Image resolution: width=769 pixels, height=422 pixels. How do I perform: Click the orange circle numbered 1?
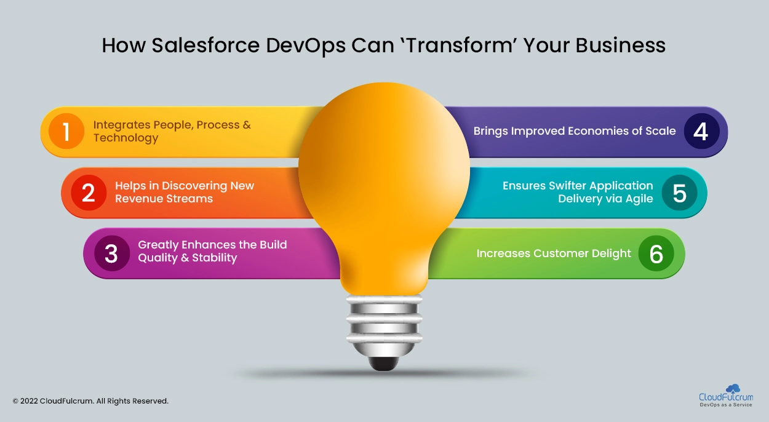coord(66,131)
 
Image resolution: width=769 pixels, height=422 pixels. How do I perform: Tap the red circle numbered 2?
coord(89,193)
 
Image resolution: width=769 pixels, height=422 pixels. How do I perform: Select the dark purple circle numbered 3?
coord(111,253)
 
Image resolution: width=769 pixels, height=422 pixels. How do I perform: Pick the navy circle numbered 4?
coord(701,131)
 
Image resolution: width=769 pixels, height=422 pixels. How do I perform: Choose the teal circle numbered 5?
coord(679,193)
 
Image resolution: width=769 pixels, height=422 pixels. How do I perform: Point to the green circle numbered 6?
coord(656,253)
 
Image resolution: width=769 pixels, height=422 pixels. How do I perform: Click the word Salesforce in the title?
coord(205,46)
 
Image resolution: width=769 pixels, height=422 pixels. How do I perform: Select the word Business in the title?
coord(620,46)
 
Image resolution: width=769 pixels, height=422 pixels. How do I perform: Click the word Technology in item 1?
coord(126,138)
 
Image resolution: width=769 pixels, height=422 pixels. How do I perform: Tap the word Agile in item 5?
coord(639,199)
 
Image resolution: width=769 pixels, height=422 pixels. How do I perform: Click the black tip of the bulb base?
coord(384,364)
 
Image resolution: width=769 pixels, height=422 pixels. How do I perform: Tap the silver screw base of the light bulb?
coord(384,325)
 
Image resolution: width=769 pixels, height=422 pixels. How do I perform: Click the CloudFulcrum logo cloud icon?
coord(733,388)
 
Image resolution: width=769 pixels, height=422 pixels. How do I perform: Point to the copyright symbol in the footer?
coord(15,401)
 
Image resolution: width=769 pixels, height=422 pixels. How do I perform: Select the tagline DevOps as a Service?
coord(726,405)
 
